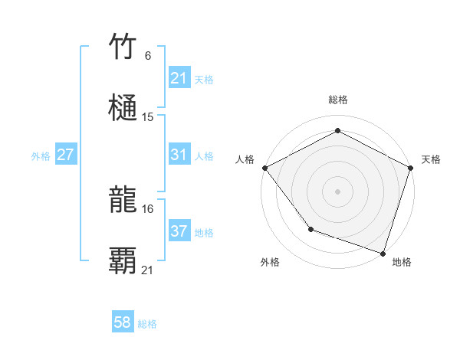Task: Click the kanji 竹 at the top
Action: tap(123, 47)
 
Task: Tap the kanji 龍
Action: tap(123, 200)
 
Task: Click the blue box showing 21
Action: tap(179, 78)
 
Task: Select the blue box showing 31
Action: tap(179, 155)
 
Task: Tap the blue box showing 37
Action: tap(179, 231)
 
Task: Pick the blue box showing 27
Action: tap(66, 155)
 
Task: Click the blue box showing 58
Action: tap(123, 323)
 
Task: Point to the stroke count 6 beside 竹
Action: tap(148, 56)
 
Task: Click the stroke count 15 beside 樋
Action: tap(148, 117)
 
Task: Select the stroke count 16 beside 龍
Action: tap(148, 208)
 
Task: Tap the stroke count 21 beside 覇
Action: tap(148, 270)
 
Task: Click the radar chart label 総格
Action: tap(338, 100)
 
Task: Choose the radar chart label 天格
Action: tap(431, 159)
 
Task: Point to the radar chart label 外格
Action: tap(270, 262)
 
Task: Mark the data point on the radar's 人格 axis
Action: tap(264, 167)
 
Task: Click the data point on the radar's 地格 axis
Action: tap(383, 252)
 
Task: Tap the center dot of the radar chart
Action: tap(337, 191)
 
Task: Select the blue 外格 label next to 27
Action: tap(41, 155)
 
